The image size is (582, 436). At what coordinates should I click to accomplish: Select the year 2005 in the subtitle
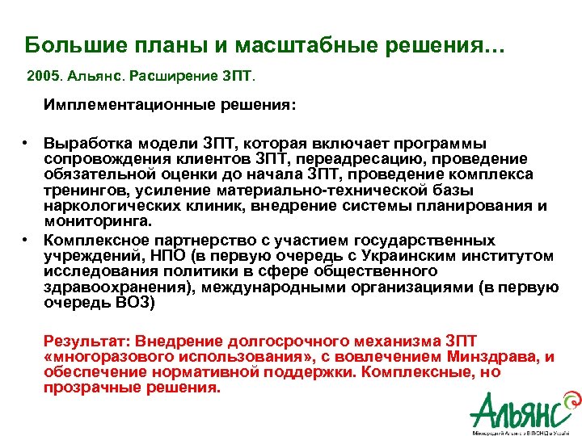point(42,78)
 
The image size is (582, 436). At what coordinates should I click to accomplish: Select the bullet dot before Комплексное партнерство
point(26,241)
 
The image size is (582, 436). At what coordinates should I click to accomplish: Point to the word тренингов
point(81,190)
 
